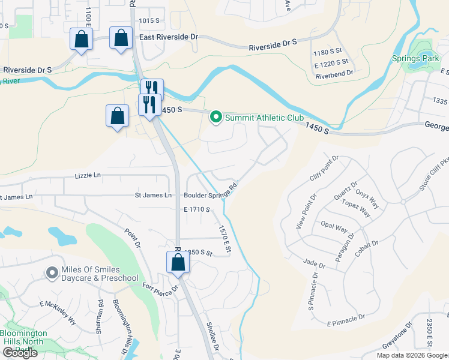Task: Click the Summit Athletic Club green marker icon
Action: pos(216,118)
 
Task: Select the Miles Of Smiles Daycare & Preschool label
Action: pos(100,274)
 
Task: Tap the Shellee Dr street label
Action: pos(212,340)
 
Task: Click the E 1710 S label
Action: pos(197,209)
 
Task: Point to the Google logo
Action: pos(20,353)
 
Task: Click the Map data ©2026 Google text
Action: pos(412,355)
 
